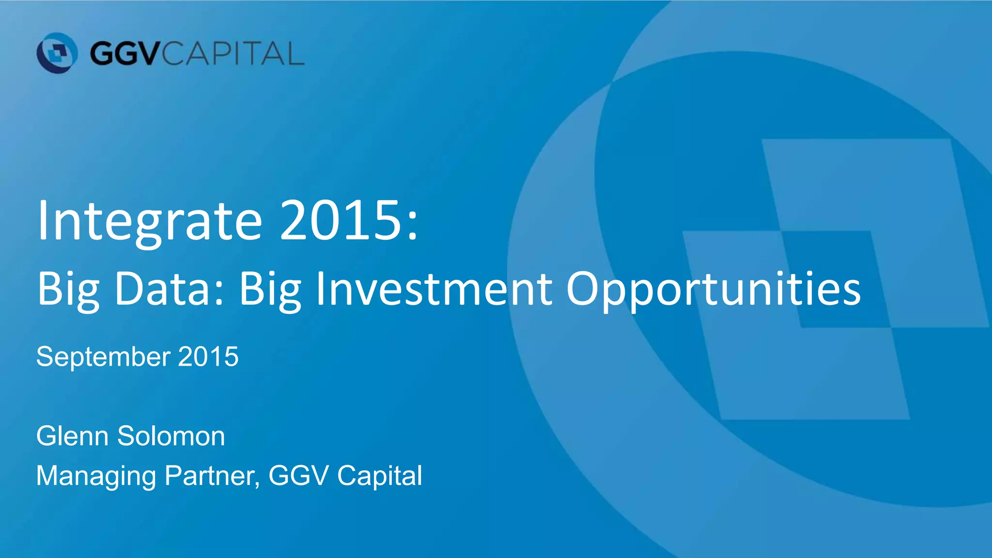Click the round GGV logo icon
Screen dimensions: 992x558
coord(57,53)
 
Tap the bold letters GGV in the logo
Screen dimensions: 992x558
coord(124,53)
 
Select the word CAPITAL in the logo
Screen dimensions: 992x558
coord(232,53)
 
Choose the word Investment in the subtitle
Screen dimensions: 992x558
coord(434,289)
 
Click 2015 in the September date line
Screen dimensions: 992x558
coord(208,356)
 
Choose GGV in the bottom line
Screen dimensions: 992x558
coord(299,476)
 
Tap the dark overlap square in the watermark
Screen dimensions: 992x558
coord(837,279)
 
